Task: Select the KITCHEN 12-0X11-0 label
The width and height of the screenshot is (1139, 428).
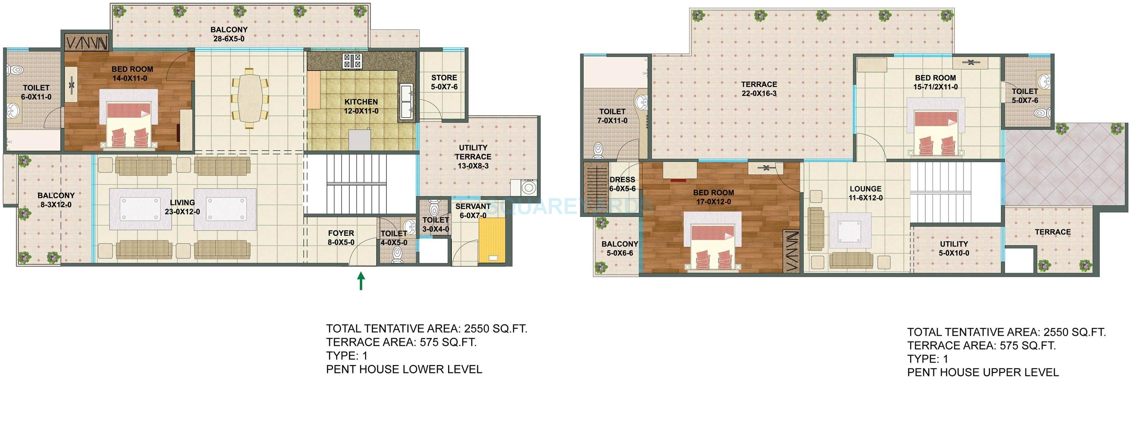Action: pyautogui.click(x=361, y=107)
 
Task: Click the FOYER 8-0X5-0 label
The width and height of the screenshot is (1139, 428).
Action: pyautogui.click(x=341, y=238)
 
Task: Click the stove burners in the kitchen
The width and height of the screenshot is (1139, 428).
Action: pyautogui.click(x=352, y=61)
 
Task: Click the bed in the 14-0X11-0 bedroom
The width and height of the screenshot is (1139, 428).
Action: pyautogui.click(x=128, y=120)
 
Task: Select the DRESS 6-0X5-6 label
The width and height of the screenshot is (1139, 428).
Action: pyautogui.click(x=622, y=184)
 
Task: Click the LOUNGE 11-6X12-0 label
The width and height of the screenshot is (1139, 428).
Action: pyautogui.click(x=865, y=193)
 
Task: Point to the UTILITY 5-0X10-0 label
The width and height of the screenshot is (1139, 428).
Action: pyautogui.click(x=954, y=249)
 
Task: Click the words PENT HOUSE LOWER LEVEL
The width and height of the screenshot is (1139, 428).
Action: pyautogui.click(x=404, y=370)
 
